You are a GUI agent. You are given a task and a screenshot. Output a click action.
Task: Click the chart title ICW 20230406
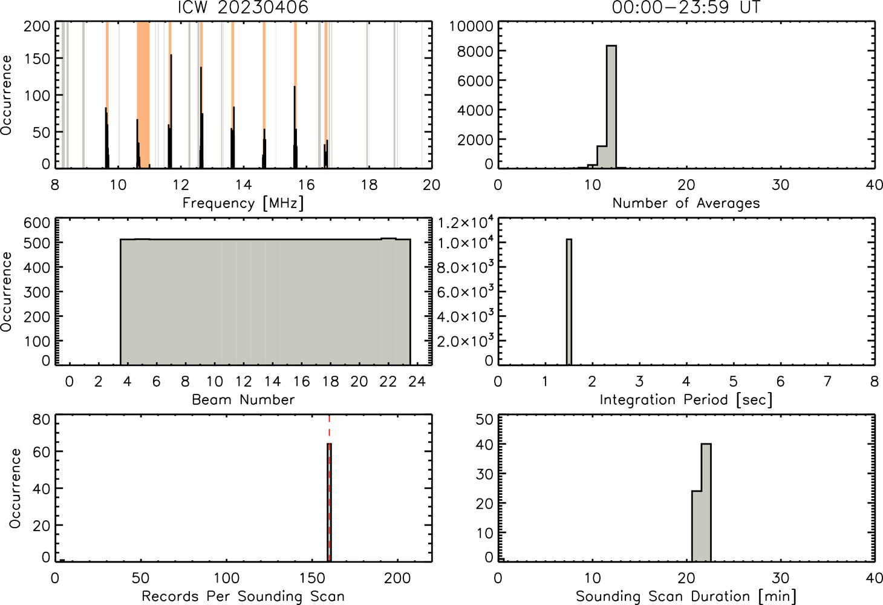coord(243,7)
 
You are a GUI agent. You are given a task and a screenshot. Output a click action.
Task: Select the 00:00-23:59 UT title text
coord(686,7)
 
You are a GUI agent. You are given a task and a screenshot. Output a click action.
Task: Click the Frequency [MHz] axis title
coord(243,203)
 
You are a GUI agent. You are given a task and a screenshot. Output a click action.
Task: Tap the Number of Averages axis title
coord(686,203)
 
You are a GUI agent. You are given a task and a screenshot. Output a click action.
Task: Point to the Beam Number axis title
coord(243,399)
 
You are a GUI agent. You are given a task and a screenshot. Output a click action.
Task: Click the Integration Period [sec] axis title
coord(686,400)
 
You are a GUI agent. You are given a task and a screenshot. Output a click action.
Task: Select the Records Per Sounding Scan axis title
coord(243,596)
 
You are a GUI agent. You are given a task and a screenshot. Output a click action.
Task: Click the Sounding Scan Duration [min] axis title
coord(686,596)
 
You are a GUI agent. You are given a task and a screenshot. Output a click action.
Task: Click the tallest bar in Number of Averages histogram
coord(611,107)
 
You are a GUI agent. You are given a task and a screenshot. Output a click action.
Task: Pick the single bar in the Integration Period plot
coord(569,302)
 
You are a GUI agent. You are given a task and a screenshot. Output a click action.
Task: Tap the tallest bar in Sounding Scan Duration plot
coord(706,503)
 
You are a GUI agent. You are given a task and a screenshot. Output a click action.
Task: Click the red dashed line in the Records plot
coord(329,488)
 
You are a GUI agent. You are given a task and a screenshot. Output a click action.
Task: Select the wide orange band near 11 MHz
coord(143,95)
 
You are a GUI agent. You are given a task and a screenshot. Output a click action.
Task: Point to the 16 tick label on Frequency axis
coord(306,185)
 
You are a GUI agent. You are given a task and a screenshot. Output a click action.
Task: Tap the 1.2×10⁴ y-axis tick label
coord(466,223)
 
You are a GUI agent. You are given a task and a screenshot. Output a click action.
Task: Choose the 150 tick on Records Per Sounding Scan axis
coord(312,578)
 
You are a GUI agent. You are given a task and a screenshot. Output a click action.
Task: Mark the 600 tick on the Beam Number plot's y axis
coord(37,223)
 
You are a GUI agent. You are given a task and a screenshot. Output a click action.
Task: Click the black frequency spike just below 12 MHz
coord(171,111)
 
